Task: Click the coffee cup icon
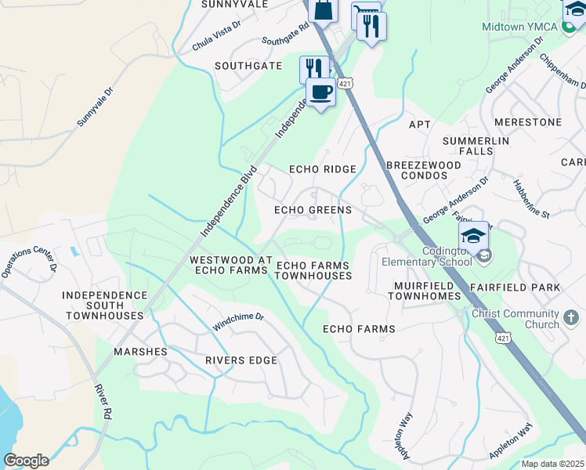tap(320, 92)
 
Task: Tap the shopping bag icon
tap(322, 11)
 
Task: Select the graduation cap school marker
tap(473, 235)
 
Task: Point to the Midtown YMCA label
tap(519, 27)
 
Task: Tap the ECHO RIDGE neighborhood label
tap(323, 169)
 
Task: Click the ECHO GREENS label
tap(313, 210)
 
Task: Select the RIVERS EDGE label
tap(241, 360)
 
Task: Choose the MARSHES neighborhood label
tap(142, 352)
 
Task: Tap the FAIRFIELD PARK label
tap(515, 287)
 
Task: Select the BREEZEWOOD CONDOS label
tap(417, 170)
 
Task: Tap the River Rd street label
tap(103, 400)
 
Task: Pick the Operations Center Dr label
tap(29, 262)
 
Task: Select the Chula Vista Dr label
tap(216, 37)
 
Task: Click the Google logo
tap(26, 461)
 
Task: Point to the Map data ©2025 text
tap(552, 464)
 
